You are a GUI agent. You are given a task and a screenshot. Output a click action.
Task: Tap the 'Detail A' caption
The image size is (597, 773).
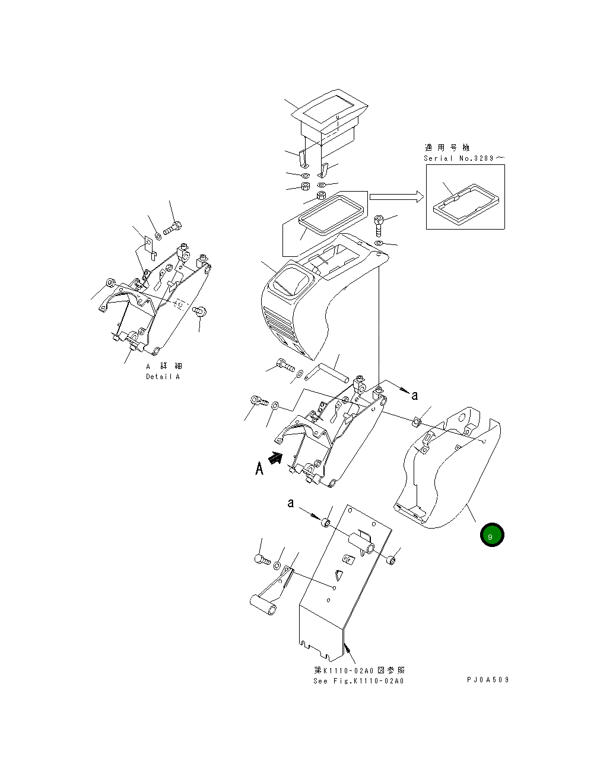pos(163,377)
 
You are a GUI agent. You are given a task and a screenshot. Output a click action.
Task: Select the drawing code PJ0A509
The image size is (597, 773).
pos(487,680)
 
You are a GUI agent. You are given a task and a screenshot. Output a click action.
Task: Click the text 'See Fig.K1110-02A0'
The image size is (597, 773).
pos(358,680)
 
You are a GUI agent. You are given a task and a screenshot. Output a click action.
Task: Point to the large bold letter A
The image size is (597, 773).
pos(259,469)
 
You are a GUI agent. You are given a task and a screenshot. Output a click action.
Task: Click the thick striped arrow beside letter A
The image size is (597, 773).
pos(275,458)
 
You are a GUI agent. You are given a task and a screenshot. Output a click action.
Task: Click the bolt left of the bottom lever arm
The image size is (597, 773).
pos(262,559)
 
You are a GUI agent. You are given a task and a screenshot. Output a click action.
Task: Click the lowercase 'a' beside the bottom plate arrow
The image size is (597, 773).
pos(291,503)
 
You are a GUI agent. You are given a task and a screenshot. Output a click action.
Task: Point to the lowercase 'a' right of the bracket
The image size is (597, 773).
pos(415,395)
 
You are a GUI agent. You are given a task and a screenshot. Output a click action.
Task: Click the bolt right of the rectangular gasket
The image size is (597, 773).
pos(380,225)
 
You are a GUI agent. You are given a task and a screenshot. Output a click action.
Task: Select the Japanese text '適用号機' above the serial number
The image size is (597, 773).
pos(447,148)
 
